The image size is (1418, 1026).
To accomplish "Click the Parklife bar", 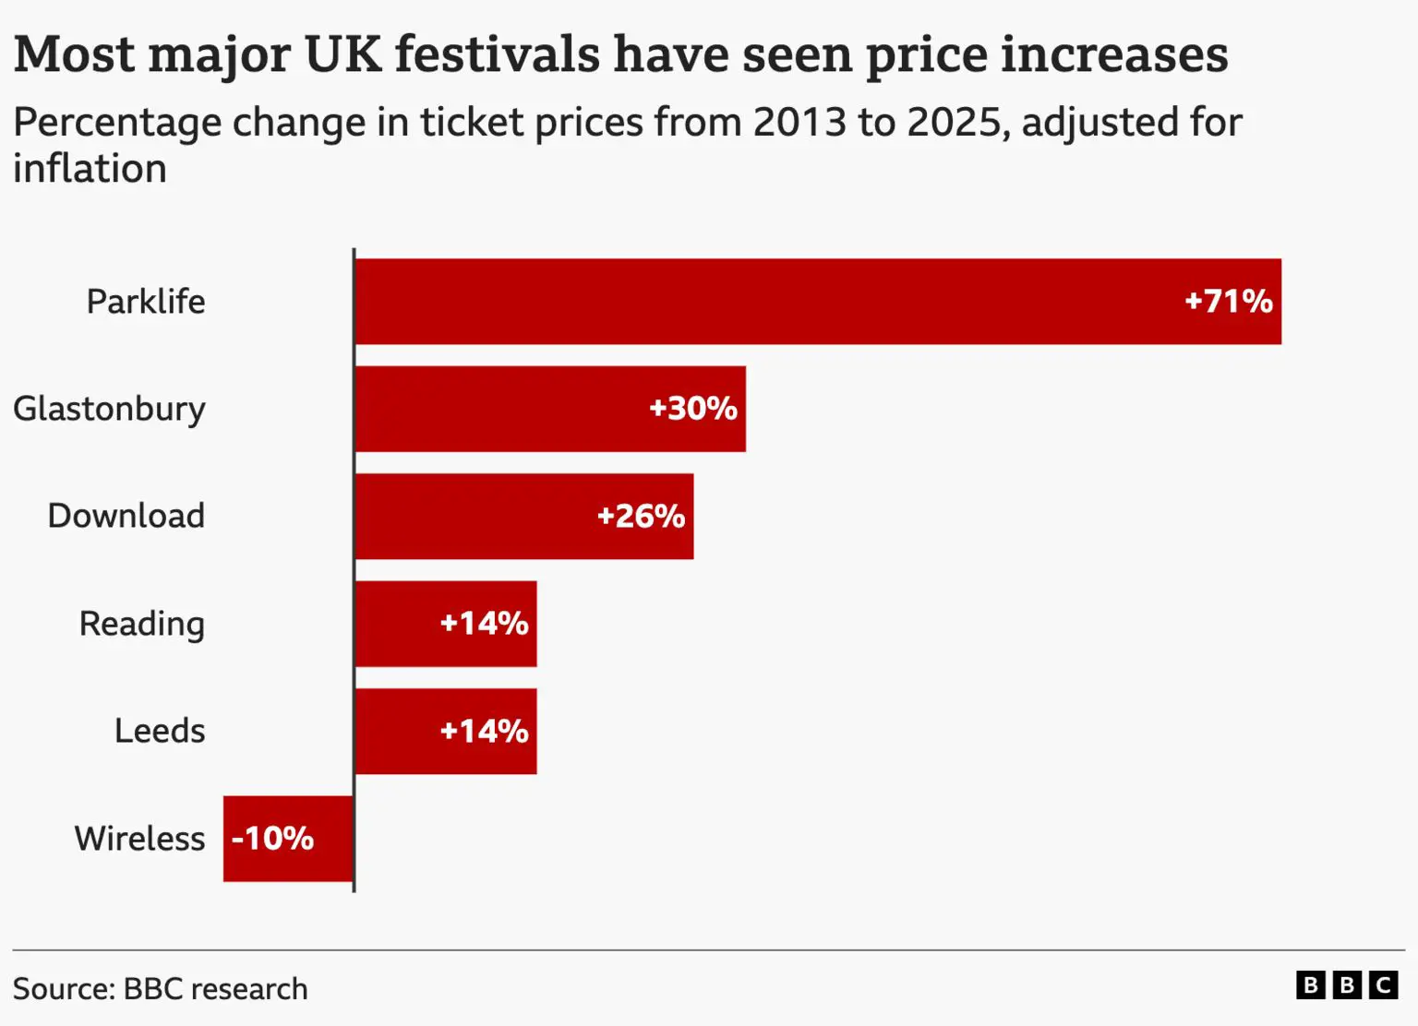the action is pyautogui.click(x=818, y=301).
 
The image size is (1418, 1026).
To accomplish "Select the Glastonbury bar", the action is pyautogui.click(x=550, y=409).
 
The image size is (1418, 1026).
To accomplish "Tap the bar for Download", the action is pyautogui.click(x=524, y=516).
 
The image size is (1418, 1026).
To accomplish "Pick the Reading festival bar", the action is pyautogui.click(x=446, y=624).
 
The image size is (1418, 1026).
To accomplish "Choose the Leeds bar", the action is pyautogui.click(x=446, y=732).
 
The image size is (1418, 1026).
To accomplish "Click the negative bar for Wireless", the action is pyautogui.click(x=288, y=839).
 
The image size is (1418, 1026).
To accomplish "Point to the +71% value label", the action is pyautogui.click(x=1228, y=301).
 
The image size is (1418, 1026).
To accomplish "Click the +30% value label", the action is pyautogui.click(x=693, y=409).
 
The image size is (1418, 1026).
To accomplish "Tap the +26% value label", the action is pyautogui.click(x=641, y=516).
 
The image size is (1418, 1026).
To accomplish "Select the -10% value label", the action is pyautogui.click(x=273, y=839).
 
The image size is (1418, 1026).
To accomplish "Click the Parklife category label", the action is pyautogui.click(x=146, y=301).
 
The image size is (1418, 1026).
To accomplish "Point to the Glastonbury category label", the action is pyautogui.click(x=109, y=410).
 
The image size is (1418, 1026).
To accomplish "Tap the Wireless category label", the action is pyautogui.click(x=140, y=839).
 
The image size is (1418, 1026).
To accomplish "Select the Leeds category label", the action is pyautogui.click(x=160, y=732).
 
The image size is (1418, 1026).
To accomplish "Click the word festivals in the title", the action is pyautogui.click(x=498, y=54).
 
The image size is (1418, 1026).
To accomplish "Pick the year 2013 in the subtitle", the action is pyautogui.click(x=799, y=122).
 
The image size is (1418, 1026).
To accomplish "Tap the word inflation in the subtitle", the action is pyautogui.click(x=90, y=169).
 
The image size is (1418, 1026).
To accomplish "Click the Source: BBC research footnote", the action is pyautogui.click(x=160, y=989).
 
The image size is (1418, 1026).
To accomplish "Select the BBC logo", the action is pyautogui.click(x=1347, y=985).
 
